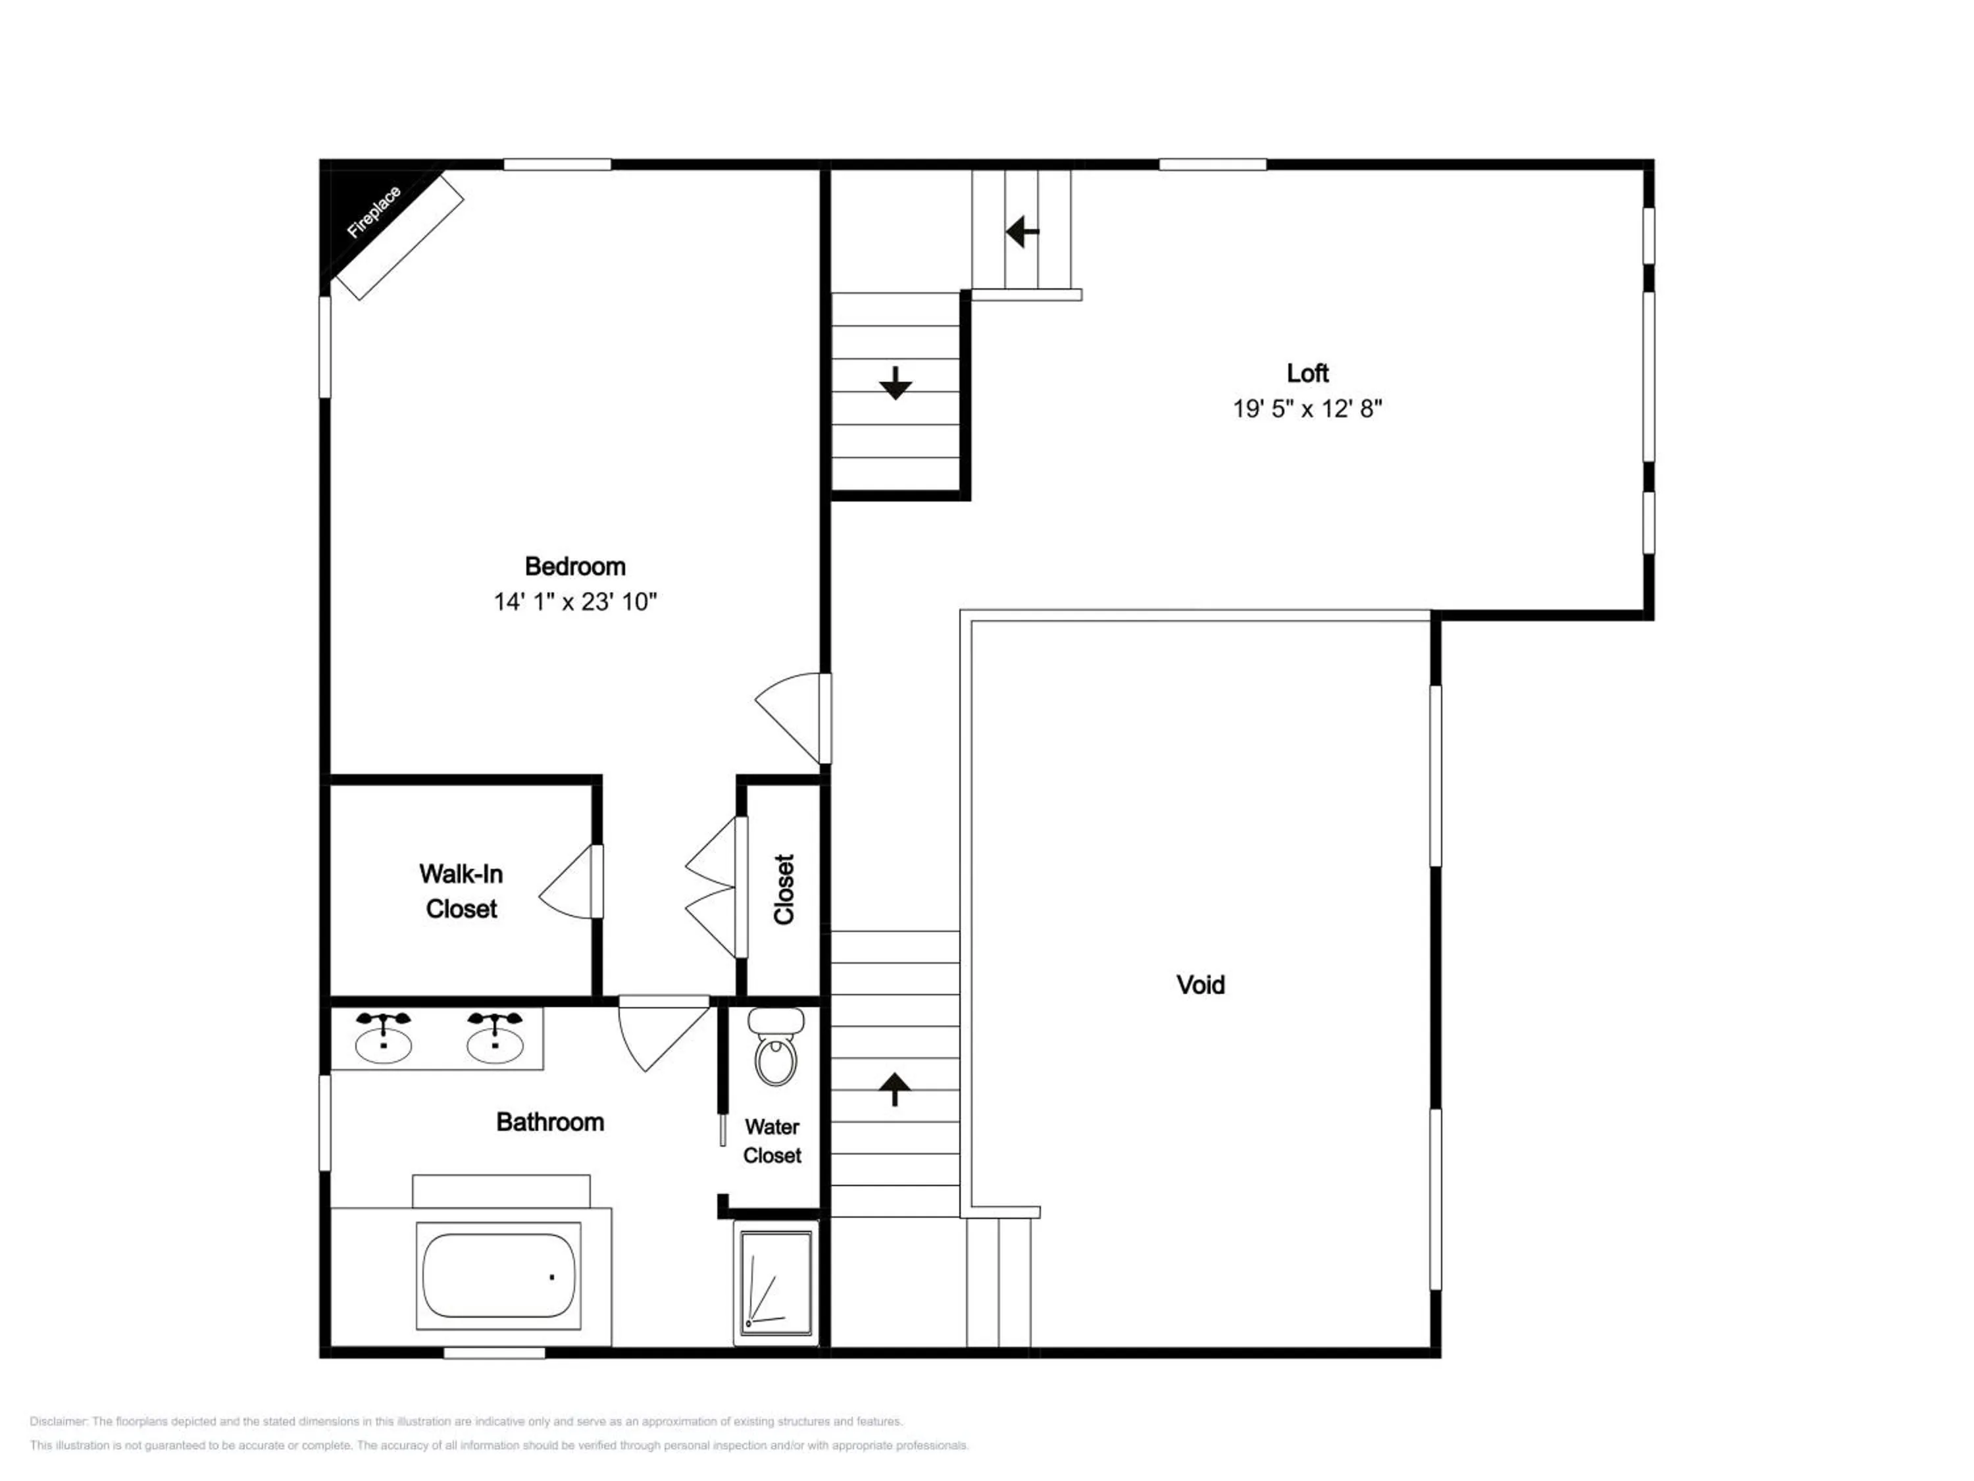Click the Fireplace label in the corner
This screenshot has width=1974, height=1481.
click(x=374, y=211)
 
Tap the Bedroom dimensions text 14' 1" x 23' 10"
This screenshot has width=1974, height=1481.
click(x=576, y=602)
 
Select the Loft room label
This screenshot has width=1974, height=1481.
click(x=1307, y=373)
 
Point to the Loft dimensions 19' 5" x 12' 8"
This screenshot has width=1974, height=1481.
click(x=1307, y=409)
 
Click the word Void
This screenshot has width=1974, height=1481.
click(x=1200, y=985)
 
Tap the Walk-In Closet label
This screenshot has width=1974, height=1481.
click(x=461, y=891)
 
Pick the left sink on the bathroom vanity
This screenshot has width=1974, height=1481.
click(x=384, y=1037)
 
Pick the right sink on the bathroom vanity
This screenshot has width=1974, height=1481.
click(x=495, y=1037)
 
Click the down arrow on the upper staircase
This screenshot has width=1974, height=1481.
click(x=895, y=383)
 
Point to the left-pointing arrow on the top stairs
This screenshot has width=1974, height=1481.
click(x=1023, y=232)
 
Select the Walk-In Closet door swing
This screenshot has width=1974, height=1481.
click(x=569, y=881)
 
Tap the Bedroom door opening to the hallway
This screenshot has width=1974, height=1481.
click(x=792, y=719)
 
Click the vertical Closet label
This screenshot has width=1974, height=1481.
click(x=784, y=889)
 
